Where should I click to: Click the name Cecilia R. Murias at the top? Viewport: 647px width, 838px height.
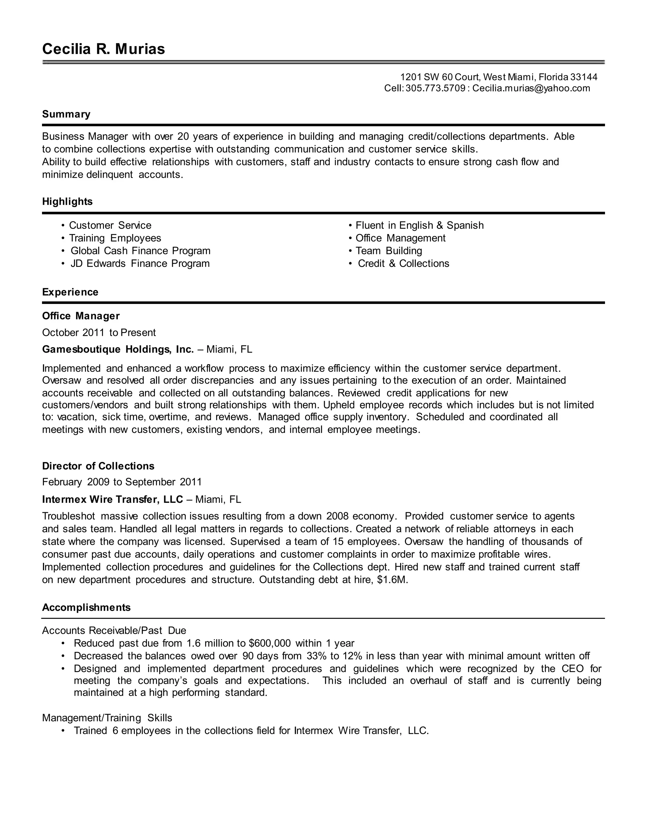[x=104, y=49]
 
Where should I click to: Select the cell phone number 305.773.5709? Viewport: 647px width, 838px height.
[x=435, y=88]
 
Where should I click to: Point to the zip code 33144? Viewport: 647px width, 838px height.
[x=584, y=77]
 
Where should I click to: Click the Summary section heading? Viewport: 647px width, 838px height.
[x=66, y=114]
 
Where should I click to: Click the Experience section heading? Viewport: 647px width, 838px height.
[x=70, y=292]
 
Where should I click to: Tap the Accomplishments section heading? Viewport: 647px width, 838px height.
[x=86, y=607]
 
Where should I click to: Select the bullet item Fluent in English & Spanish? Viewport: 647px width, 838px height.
[x=419, y=225]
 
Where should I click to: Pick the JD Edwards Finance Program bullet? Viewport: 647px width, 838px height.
[x=140, y=264]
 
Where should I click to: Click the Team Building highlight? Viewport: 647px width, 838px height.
[x=389, y=251]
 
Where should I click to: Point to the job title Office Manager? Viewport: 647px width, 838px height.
[x=81, y=316]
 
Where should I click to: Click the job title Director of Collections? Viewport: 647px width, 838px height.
[x=98, y=466]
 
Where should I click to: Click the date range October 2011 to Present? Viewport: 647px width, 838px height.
[x=99, y=332]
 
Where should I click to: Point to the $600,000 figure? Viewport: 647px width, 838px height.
[x=269, y=643]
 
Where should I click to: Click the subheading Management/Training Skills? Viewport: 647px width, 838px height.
[x=107, y=718]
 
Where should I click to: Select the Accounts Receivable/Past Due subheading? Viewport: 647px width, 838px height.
[x=114, y=631]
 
